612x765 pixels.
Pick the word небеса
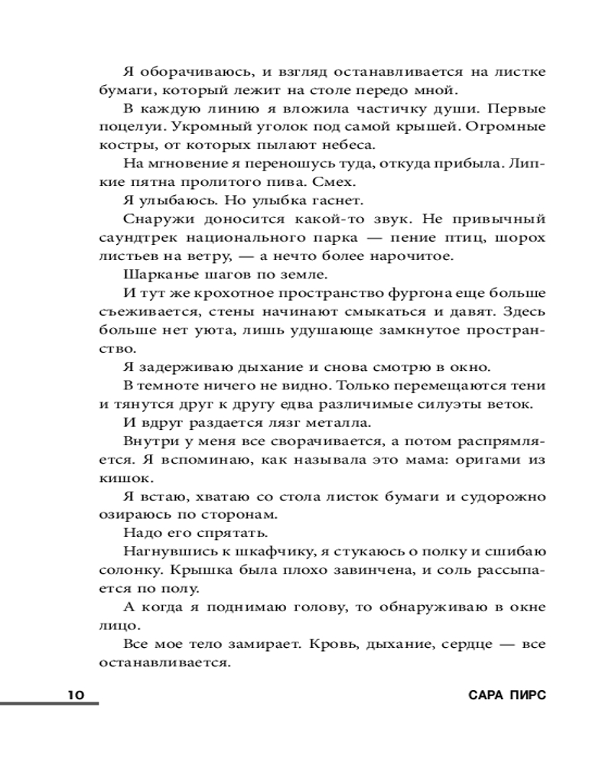point(350,145)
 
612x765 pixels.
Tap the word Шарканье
point(156,274)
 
